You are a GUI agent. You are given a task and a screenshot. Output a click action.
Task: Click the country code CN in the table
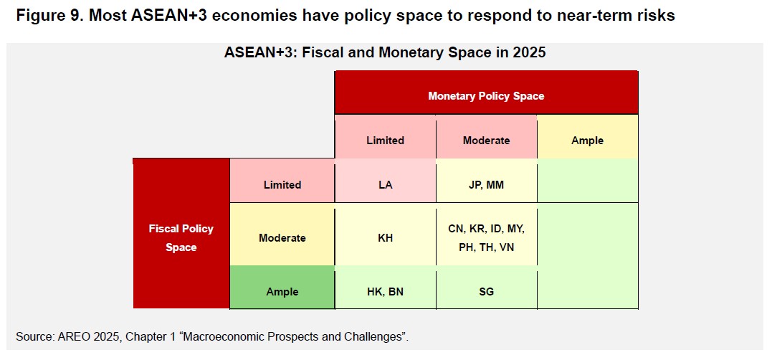point(455,229)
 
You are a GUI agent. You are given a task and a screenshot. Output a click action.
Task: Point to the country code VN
point(507,247)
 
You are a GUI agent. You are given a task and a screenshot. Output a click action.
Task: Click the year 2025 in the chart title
point(528,52)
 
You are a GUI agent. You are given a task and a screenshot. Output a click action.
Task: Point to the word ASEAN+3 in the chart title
point(257,52)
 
